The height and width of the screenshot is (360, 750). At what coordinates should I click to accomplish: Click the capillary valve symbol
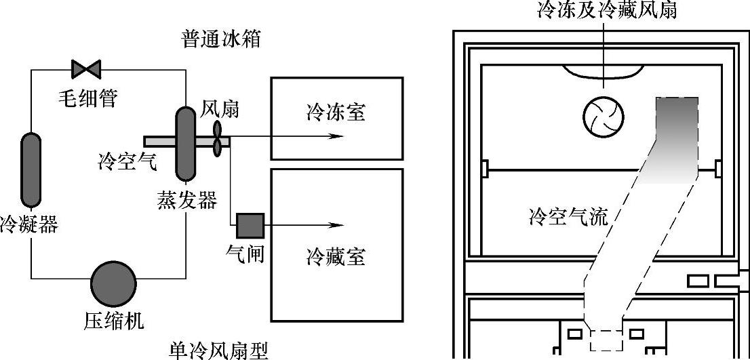86,68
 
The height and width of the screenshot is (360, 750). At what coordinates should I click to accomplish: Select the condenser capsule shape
31,169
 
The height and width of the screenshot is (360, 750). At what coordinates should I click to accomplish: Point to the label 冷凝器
29,224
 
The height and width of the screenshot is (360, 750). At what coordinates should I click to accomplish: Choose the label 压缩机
114,319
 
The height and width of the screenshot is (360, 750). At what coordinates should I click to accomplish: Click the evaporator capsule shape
185,143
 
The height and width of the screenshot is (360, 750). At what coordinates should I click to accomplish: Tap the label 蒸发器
187,201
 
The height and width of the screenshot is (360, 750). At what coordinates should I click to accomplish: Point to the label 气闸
245,254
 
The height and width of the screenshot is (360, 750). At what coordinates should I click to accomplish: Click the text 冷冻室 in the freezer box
336,112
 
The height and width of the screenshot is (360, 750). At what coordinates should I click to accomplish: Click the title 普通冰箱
220,39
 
